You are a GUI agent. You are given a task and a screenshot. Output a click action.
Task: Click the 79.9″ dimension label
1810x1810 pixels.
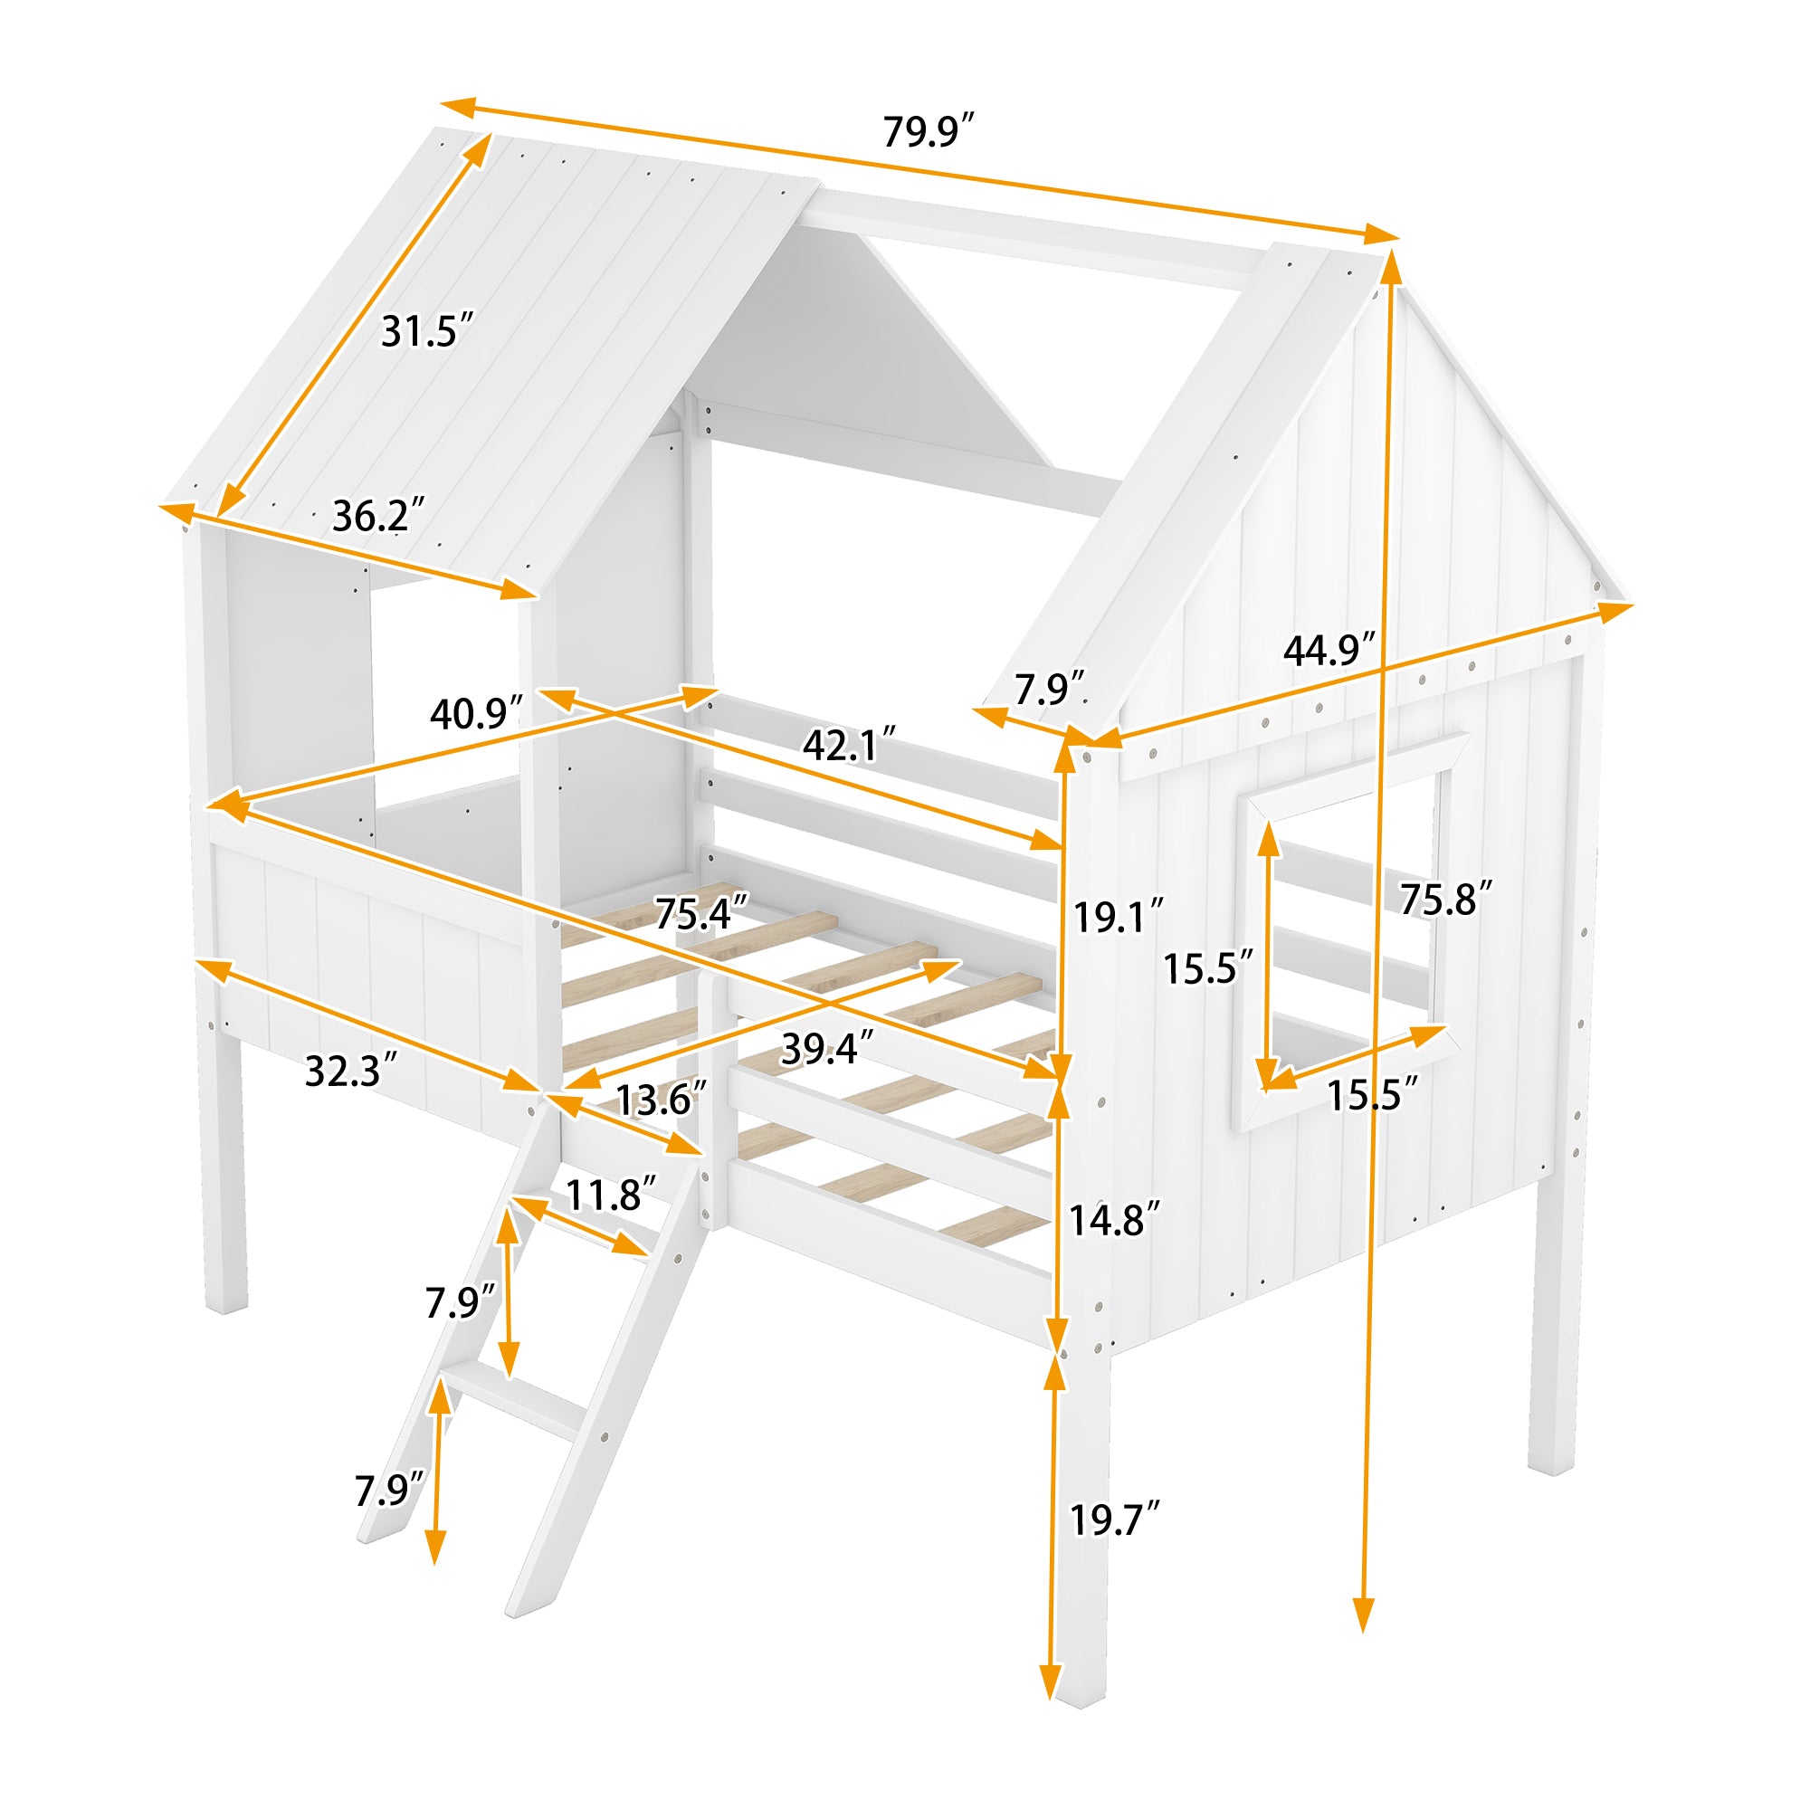point(929,132)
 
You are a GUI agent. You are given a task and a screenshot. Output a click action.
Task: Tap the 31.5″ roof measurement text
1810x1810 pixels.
point(426,331)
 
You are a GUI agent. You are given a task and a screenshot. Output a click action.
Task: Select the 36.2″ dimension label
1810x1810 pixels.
point(378,516)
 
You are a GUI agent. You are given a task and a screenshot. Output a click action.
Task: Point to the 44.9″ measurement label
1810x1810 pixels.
point(1329,649)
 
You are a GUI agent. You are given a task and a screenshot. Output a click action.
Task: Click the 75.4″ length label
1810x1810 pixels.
point(700,913)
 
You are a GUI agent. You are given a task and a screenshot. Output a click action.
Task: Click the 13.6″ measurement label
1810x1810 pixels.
point(661,1099)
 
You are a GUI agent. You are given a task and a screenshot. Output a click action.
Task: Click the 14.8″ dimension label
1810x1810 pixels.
point(1115,1220)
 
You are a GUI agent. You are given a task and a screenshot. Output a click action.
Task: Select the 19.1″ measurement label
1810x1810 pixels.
point(1118,916)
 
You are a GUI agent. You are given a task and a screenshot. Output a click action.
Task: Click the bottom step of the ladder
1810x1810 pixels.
point(513,1399)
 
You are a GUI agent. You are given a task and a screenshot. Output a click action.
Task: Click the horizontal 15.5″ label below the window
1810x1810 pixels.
point(1373,1094)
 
